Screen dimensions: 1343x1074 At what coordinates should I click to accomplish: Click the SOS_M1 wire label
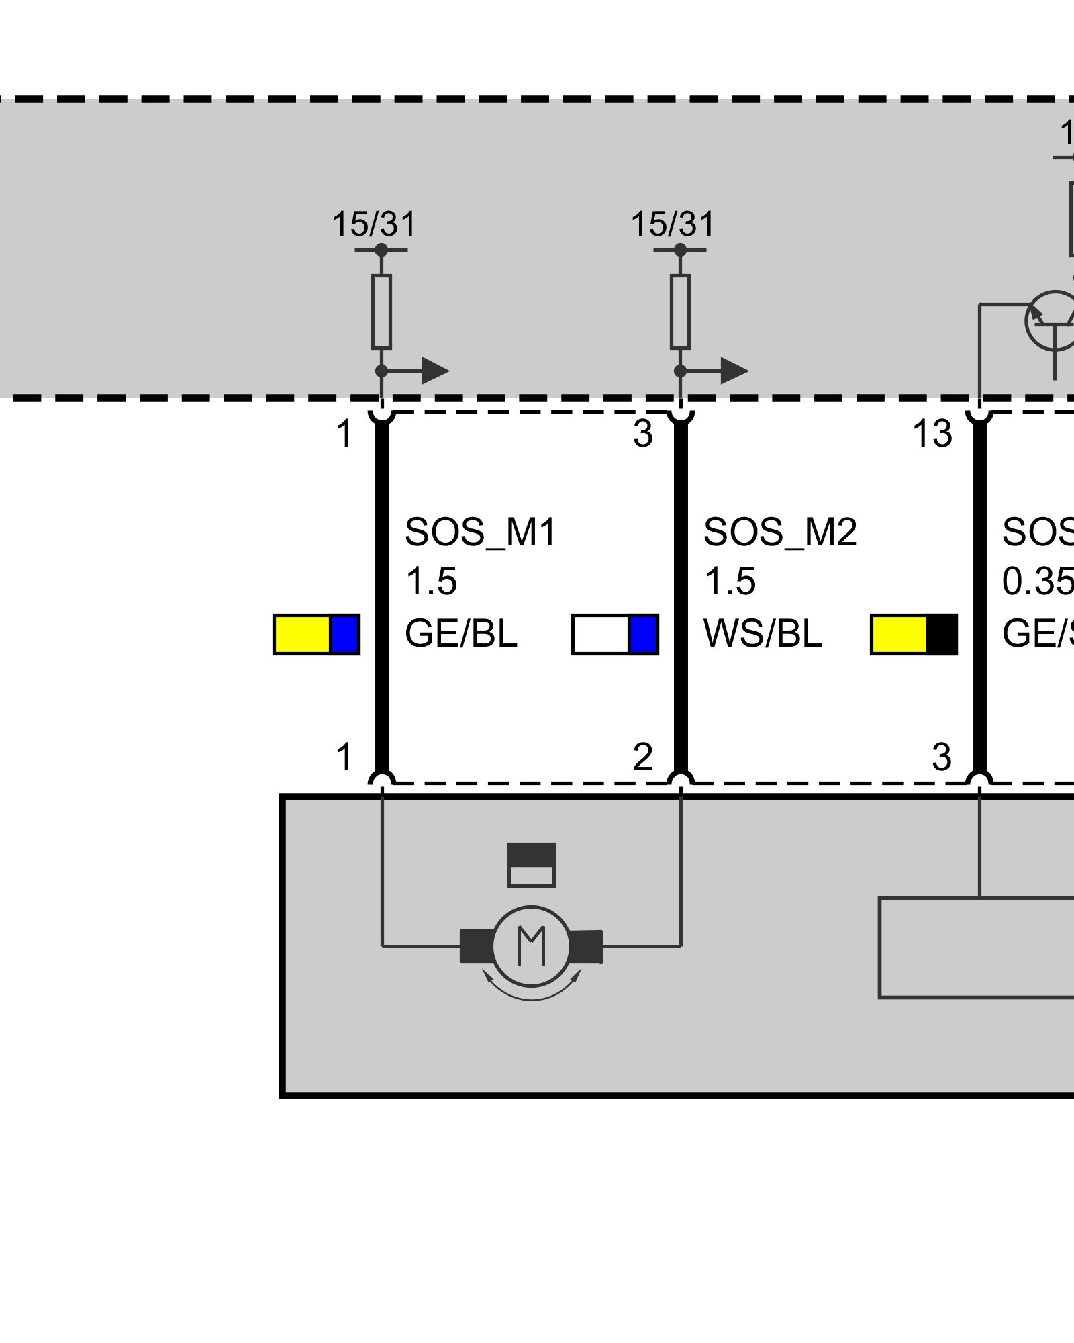(481, 532)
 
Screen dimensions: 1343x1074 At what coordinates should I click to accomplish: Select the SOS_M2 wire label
(780, 532)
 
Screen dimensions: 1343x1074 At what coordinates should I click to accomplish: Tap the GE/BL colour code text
(461, 634)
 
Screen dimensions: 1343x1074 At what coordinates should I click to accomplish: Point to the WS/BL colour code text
(763, 634)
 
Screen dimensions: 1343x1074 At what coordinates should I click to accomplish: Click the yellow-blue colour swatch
(316, 635)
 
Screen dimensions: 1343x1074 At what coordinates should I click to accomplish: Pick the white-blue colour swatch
(615, 635)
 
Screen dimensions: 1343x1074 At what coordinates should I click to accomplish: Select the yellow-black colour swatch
(914, 635)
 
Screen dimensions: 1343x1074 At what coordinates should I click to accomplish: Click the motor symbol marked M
(531, 945)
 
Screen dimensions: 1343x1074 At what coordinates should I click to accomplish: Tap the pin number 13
(932, 434)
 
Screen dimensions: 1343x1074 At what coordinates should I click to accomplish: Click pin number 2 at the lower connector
(643, 757)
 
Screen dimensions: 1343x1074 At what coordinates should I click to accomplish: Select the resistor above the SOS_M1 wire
(381, 312)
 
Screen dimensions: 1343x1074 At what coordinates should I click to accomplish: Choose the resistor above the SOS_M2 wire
(680, 312)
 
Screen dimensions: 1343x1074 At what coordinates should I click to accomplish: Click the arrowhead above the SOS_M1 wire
(435, 371)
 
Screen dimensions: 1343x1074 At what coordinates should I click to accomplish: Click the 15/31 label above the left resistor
(375, 224)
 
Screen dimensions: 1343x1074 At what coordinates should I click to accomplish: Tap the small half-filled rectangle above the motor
(531, 865)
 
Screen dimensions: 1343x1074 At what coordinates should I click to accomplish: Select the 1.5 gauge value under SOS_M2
(730, 582)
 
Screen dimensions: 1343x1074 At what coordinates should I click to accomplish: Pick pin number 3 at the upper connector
(643, 434)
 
